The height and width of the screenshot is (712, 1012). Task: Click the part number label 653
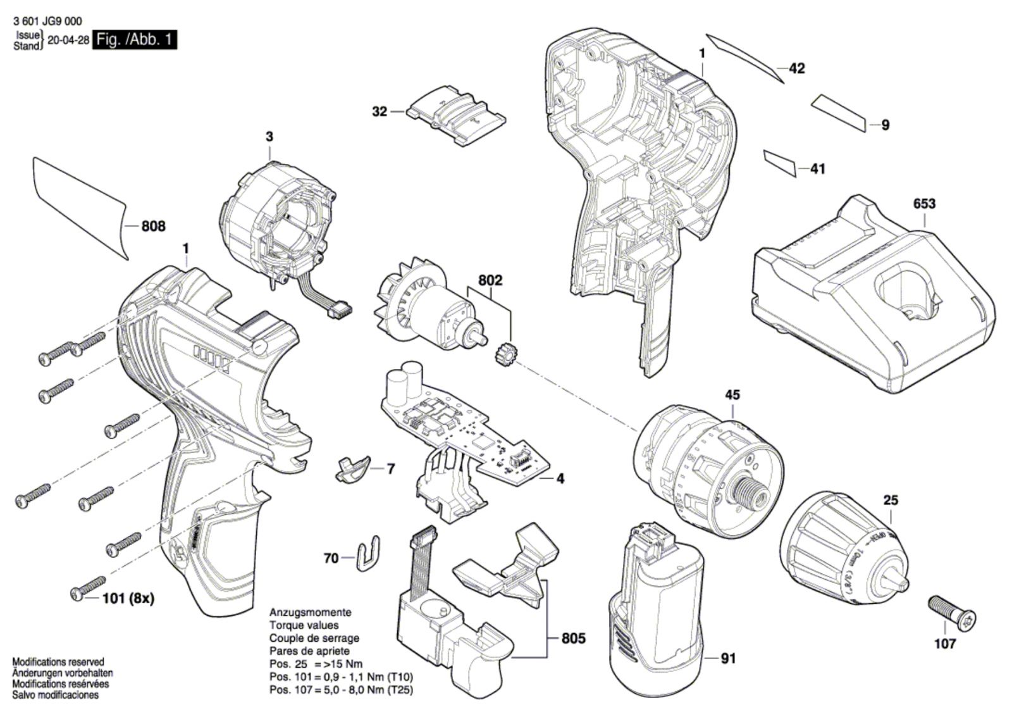pyautogui.click(x=924, y=204)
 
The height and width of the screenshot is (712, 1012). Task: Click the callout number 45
pyautogui.click(x=732, y=394)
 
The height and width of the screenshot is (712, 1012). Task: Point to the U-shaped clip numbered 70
pyautogui.click(x=368, y=554)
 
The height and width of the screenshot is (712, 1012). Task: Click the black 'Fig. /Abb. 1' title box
pyautogui.click(x=135, y=40)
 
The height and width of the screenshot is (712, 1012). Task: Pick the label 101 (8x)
pyautogui.click(x=128, y=598)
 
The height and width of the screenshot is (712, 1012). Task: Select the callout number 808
pyautogui.click(x=153, y=226)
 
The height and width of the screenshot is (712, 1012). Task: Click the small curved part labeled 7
pyautogui.click(x=350, y=468)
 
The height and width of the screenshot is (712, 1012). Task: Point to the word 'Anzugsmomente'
pyautogui.click(x=310, y=613)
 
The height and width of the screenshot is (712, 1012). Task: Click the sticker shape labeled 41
pyautogui.click(x=780, y=163)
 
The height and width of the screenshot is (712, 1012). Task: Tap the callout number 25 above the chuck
pyautogui.click(x=890, y=500)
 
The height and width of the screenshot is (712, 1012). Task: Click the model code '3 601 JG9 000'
pyautogui.click(x=47, y=22)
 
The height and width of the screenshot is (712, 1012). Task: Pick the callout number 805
pyautogui.click(x=574, y=639)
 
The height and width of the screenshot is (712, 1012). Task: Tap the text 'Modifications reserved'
pyautogui.click(x=58, y=661)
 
